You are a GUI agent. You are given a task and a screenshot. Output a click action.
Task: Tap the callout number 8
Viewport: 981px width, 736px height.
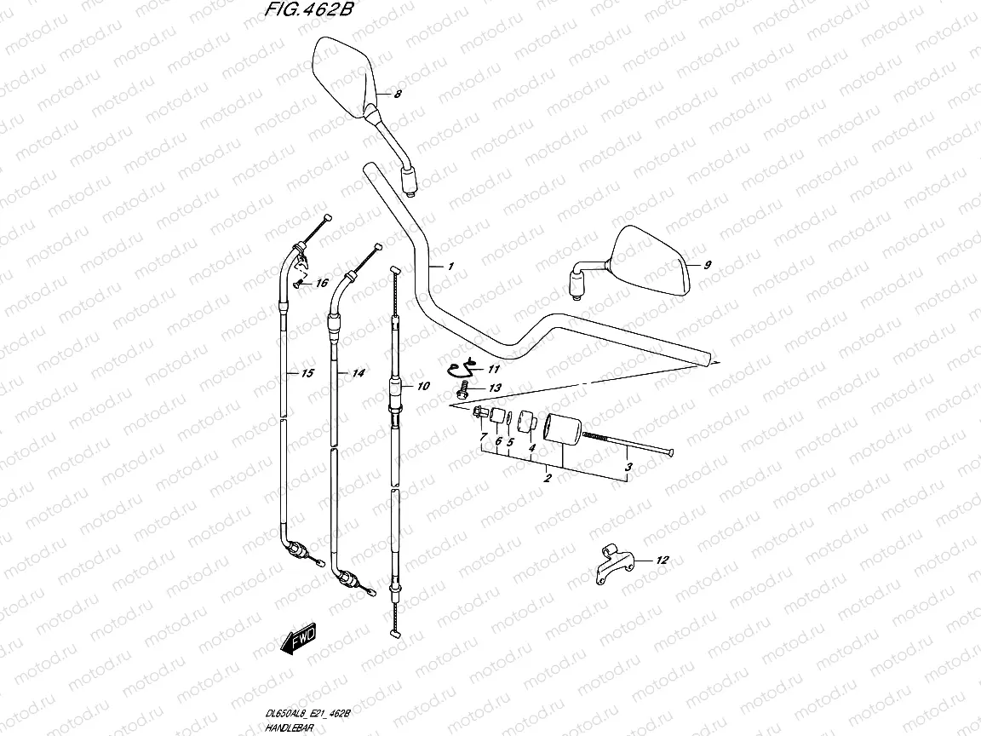(x=397, y=95)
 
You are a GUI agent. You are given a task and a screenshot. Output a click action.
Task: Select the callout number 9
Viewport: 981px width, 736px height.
(x=706, y=265)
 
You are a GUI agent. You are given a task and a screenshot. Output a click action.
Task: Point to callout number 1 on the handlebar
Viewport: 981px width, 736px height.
(x=451, y=267)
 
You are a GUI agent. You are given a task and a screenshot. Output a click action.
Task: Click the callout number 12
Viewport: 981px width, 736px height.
(x=663, y=560)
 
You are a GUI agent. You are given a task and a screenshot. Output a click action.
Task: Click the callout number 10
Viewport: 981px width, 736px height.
(x=423, y=386)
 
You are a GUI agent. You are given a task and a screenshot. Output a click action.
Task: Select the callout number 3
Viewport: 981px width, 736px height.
(x=628, y=467)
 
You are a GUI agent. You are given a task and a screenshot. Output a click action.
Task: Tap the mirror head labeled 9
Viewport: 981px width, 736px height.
(x=651, y=260)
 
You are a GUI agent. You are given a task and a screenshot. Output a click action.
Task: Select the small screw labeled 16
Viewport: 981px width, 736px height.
(x=297, y=284)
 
